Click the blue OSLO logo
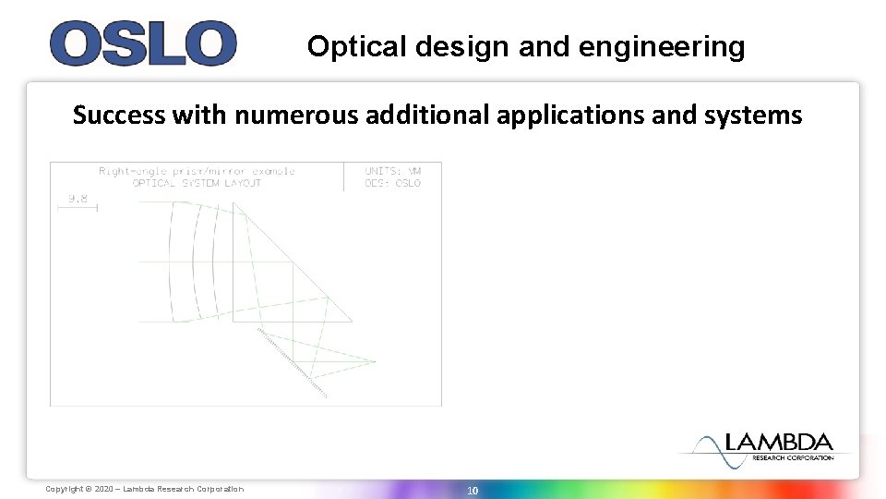[x=143, y=43]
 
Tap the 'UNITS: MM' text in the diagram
[x=392, y=172]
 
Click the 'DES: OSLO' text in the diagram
[x=392, y=183]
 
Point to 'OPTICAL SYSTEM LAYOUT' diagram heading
[x=197, y=183]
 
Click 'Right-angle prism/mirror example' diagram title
[x=197, y=172]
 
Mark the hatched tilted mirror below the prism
[x=293, y=362]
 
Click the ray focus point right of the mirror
[x=375, y=360]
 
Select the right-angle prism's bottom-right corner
[x=352, y=322]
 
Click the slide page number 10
[x=472, y=491]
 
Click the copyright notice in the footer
[x=145, y=489]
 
